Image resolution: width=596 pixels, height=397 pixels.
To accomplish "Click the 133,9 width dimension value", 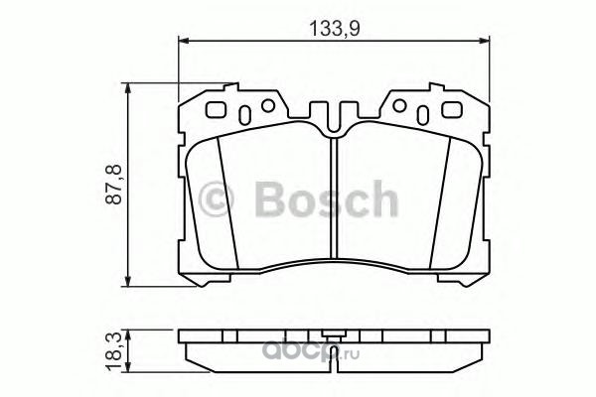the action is click(334, 28).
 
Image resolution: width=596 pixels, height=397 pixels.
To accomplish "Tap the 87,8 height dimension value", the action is click(114, 185).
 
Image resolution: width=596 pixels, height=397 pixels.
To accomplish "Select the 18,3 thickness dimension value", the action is click(114, 351).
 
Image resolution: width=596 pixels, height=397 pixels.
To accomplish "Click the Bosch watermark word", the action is click(327, 199).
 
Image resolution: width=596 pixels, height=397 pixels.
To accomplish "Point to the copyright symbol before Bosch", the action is click(216, 199).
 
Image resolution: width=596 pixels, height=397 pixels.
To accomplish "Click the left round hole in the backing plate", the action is click(268, 105).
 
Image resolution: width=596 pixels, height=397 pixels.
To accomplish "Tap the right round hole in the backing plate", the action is click(399, 105).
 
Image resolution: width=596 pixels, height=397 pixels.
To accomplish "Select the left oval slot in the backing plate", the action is click(244, 115).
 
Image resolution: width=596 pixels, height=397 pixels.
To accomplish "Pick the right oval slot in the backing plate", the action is click(423, 115).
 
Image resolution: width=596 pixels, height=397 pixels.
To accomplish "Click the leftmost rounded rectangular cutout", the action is click(216, 110).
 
